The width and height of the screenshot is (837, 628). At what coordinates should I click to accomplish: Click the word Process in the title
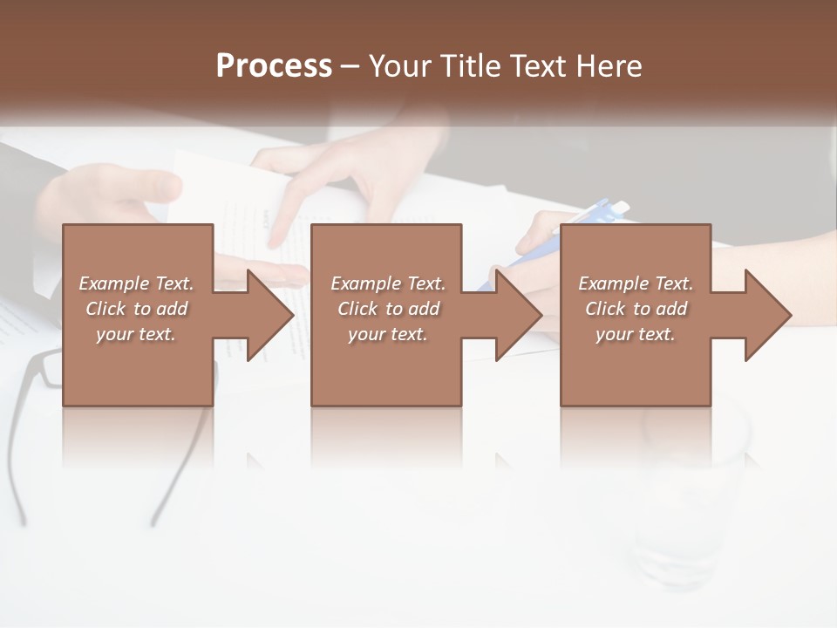tap(274, 66)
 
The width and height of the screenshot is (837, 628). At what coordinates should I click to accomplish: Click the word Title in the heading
tap(472, 66)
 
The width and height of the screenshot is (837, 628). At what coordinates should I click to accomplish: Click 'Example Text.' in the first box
tap(136, 283)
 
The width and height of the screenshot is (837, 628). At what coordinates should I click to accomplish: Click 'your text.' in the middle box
tap(386, 334)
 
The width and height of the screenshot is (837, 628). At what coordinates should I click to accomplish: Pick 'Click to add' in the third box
tap(636, 309)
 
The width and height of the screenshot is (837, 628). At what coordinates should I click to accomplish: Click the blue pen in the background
tap(602, 215)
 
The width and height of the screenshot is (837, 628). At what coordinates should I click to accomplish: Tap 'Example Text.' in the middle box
tap(387, 283)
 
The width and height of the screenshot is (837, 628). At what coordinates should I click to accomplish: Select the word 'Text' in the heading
tap(537, 66)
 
